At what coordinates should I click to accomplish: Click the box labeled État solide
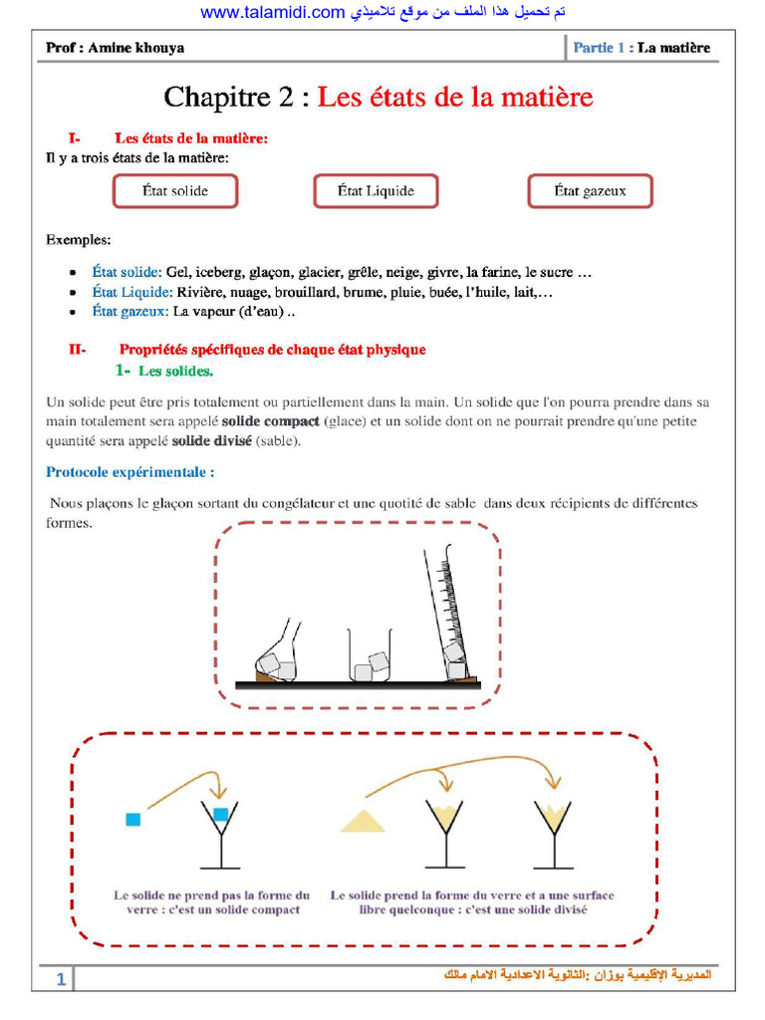pos(175,191)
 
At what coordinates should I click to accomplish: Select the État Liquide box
pos(376,191)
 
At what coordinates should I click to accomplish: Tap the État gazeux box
pos(590,191)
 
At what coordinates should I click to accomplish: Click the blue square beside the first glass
pos(132,819)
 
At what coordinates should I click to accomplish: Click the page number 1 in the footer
pos(61,980)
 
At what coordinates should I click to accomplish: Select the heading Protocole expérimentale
pos(130,471)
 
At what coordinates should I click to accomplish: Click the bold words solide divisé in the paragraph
pos(212,440)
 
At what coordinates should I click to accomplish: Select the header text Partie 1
pos(602,48)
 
